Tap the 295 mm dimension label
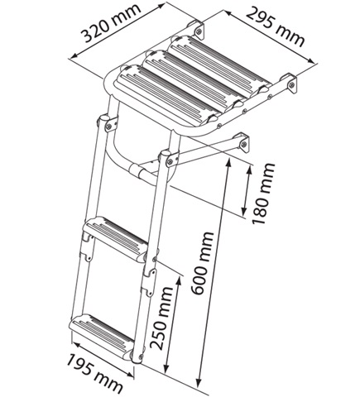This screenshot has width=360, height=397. click(276, 26)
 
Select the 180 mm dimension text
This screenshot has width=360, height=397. click(263, 194)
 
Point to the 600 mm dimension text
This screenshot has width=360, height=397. click(203, 263)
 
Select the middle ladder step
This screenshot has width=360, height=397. click(116, 237)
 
